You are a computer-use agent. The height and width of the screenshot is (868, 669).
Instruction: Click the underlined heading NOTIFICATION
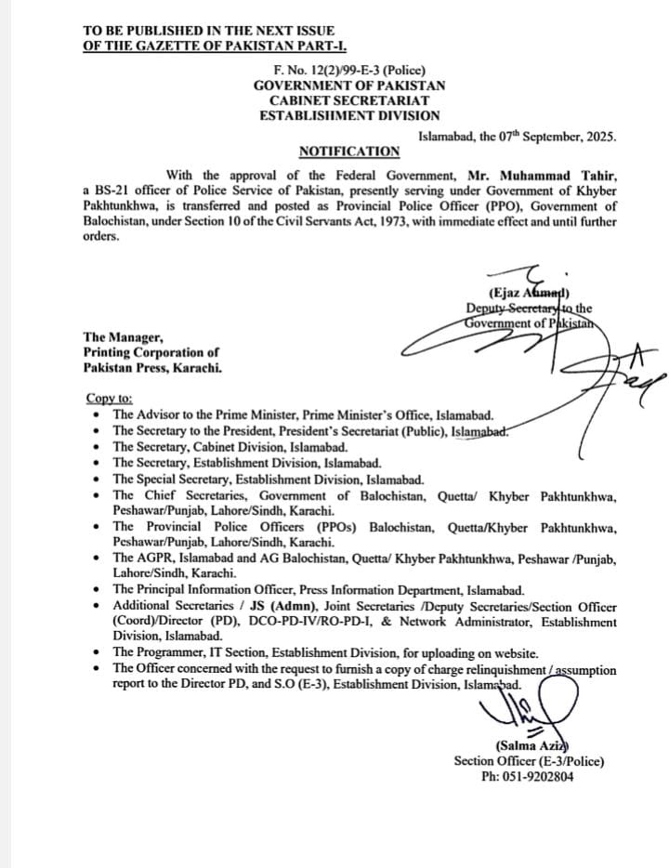point(349,151)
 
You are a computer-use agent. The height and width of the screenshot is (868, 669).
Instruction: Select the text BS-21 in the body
point(114,191)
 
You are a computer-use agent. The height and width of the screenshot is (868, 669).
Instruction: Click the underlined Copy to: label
point(110,398)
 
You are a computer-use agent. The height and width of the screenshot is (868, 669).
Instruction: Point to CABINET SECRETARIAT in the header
point(349,100)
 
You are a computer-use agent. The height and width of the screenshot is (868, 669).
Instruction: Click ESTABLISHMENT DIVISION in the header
point(349,115)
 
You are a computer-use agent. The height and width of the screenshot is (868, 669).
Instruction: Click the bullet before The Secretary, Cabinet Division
point(98,447)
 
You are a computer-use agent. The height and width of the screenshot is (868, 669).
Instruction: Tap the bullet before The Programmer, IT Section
point(98,654)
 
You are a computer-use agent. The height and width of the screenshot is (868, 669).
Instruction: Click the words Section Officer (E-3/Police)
point(529,761)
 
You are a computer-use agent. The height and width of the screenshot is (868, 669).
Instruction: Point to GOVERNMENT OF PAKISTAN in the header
point(349,85)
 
